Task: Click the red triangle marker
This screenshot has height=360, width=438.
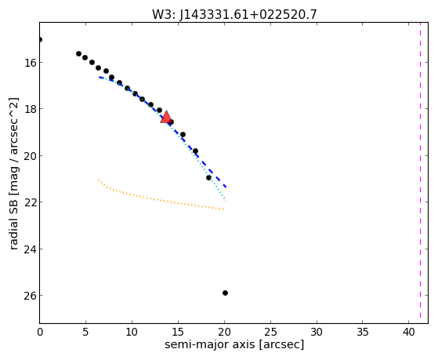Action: (x=166, y=117)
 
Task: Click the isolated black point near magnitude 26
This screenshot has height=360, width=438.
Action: (x=225, y=293)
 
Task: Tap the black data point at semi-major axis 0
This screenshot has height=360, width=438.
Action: (x=40, y=39)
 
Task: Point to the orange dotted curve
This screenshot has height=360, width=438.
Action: (x=157, y=199)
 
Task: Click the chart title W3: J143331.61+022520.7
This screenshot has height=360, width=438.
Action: (x=234, y=14)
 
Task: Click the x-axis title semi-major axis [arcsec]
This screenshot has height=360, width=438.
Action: (x=234, y=344)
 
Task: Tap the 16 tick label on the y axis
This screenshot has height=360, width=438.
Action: (x=30, y=63)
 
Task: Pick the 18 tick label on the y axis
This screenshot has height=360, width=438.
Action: (x=30, y=109)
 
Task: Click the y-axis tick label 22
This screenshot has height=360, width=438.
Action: (x=30, y=202)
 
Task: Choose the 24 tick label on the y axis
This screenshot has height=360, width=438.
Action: (x=30, y=249)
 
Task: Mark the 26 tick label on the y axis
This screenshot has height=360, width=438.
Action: (x=30, y=296)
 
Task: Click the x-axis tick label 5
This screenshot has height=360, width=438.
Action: (x=85, y=332)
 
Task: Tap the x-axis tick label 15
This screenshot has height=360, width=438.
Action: (x=178, y=332)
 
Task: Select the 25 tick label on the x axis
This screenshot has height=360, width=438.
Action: (x=270, y=332)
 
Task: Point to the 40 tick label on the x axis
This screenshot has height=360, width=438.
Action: (x=409, y=332)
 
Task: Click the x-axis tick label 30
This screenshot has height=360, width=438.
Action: (x=317, y=332)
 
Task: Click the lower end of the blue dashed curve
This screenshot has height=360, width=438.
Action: (x=226, y=187)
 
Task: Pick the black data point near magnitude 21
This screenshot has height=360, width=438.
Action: (x=208, y=177)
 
